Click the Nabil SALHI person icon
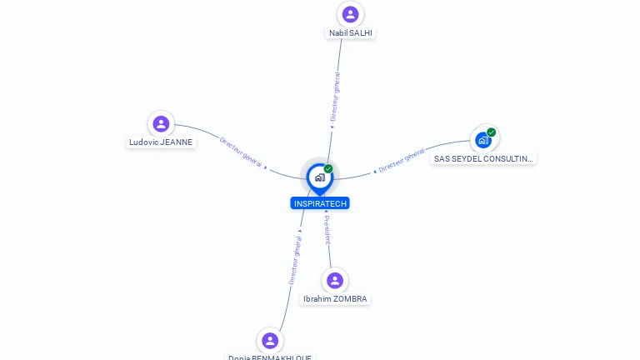350,14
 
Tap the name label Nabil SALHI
351,33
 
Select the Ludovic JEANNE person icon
161,124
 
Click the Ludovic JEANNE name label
161,142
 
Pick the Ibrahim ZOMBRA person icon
335,280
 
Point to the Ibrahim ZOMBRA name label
335,299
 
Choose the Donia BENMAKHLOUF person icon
269,340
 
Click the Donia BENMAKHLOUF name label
270,357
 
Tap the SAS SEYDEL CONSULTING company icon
483,140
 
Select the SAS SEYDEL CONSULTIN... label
483,158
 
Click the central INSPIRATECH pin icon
319,177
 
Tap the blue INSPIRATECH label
320,203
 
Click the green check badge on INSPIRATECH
328,169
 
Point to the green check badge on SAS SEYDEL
492,132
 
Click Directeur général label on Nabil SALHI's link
335,97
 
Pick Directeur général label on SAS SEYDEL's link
402,160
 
